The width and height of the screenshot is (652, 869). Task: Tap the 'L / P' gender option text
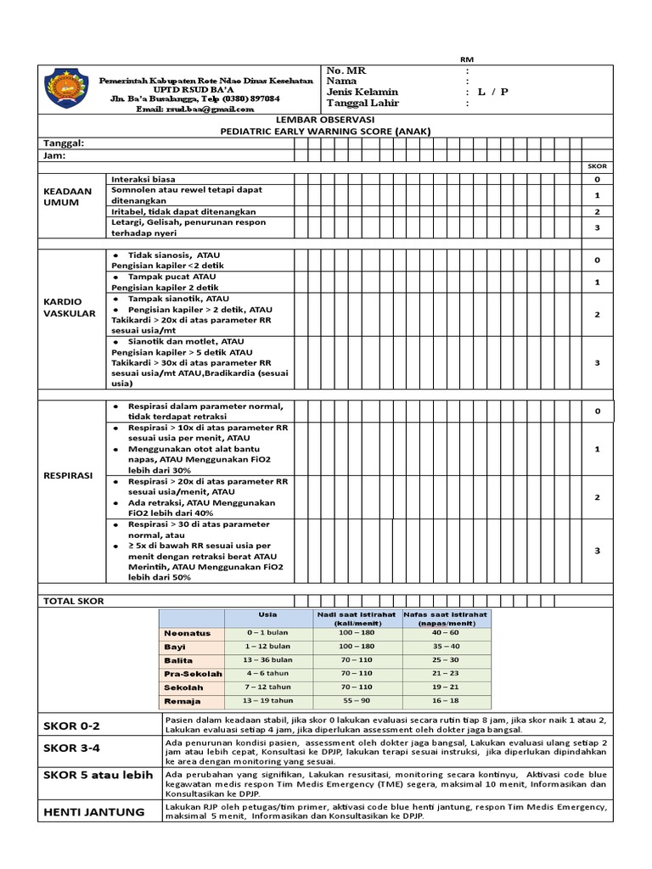(x=492, y=92)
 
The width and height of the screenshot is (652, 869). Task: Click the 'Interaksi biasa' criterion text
(x=143, y=179)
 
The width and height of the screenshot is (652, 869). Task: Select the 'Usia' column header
(x=267, y=614)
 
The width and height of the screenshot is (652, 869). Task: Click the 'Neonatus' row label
(x=187, y=633)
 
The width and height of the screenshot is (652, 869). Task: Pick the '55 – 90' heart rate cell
(x=356, y=701)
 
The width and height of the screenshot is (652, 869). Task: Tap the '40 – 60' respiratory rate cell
(x=445, y=633)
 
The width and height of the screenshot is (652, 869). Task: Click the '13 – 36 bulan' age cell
(x=269, y=660)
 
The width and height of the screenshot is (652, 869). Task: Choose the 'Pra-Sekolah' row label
(x=193, y=674)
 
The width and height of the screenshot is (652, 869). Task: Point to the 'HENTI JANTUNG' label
(x=93, y=812)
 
